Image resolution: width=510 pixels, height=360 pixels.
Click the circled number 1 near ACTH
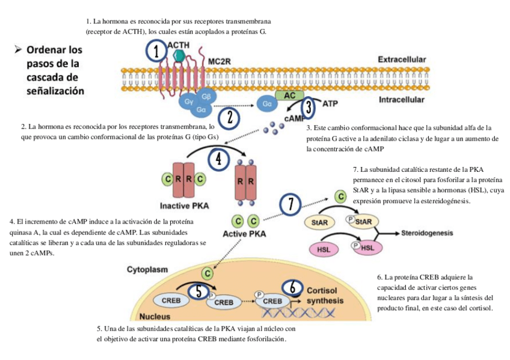[156, 52]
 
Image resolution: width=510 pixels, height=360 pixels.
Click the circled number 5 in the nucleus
[198, 291]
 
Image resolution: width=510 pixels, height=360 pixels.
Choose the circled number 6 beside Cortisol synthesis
[292, 288]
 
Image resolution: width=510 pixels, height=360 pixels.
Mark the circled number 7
[291, 204]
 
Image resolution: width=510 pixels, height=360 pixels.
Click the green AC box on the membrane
[290, 94]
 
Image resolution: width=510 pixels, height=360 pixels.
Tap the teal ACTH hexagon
[179, 56]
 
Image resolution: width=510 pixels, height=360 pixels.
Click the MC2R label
[220, 61]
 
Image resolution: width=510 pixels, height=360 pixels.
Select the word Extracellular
[402, 60]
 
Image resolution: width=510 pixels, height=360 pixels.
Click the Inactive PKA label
[184, 206]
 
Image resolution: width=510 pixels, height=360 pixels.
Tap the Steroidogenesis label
[427, 233]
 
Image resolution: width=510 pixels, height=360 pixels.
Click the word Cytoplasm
[147, 270]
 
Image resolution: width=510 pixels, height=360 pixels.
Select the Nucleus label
[154, 316]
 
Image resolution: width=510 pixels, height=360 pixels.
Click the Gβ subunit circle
[206, 97]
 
